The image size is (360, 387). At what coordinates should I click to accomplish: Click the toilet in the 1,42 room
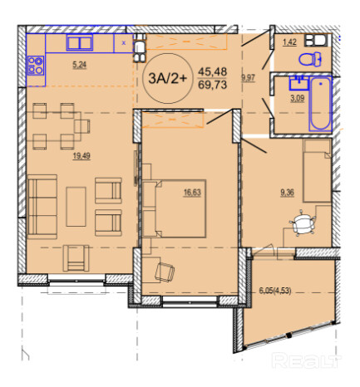click(x=310, y=59)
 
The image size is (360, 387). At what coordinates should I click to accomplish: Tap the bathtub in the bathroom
click(x=320, y=104)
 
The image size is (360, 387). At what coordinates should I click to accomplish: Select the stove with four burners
click(x=36, y=66)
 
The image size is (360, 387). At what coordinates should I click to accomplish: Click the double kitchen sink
click(x=80, y=43)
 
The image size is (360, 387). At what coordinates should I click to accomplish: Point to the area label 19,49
click(x=81, y=156)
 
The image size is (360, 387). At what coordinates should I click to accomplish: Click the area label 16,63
click(x=192, y=193)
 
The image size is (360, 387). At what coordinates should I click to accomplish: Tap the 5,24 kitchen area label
click(x=80, y=65)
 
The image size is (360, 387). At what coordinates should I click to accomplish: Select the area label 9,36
click(x=287, y=193)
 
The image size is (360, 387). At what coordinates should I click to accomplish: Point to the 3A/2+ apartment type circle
click(x=168, y=78)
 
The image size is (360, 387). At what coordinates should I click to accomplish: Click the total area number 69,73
click(x=213, y=85)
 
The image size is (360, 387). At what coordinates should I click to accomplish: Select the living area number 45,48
click(x=213, y=72)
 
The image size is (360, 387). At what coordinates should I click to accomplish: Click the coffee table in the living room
click(x=76, y=207)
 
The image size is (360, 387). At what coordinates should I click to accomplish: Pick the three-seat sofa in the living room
click(x=42, y=207)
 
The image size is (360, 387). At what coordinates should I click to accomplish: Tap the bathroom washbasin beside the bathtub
click(x=299, y=83)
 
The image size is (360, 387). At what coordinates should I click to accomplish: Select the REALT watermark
click(x=306, y=360)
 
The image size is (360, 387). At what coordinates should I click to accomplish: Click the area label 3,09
click(x=298, y=98)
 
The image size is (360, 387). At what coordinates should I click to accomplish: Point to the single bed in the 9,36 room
click(x=318, y=170)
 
